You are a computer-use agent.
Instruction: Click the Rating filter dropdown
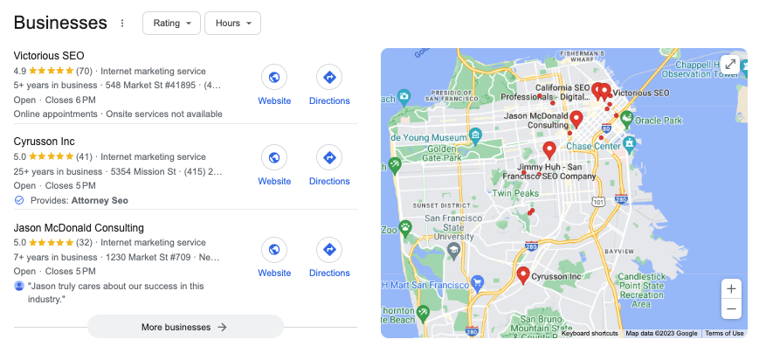pyautogui.click(x=170, y=24)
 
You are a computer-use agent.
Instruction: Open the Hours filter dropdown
pyautogui.click(x=231, y=24)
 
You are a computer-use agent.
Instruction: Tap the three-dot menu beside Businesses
pyautogui.click(x=122, y=24)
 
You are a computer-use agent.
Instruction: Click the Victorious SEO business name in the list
pyautogui.click(x=49, y=56)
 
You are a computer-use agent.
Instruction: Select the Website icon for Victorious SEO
pyautogui.click(x=274, y=78)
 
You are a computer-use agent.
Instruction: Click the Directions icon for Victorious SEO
pyautogui.click(x=329, y=78)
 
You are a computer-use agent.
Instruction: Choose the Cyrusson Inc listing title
pyautogui.click(x=44, y=142)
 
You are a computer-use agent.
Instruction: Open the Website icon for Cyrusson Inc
pyautogui.click(x=274, y=158)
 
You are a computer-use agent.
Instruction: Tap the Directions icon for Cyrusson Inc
pyautogui.click(x=329, y=158)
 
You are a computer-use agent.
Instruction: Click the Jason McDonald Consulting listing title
pyautogui.click(x=79, y=228)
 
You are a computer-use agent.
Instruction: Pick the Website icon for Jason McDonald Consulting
pyautogui.click(x=274, y=250)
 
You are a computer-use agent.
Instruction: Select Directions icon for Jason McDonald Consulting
pyautogui.click(x=329, y=250)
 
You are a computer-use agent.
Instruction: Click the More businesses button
pyautogui.click(x=185, y=327)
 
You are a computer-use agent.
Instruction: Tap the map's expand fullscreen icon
pyautogui.click(x=730, y=64)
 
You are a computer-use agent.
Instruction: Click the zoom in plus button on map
pyautogui.click(x=731, y=289)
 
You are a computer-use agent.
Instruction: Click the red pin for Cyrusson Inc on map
pyautogui.click(x=523, y=275)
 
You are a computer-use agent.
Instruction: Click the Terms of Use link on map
pyautogui.click(x=724, y=333)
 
